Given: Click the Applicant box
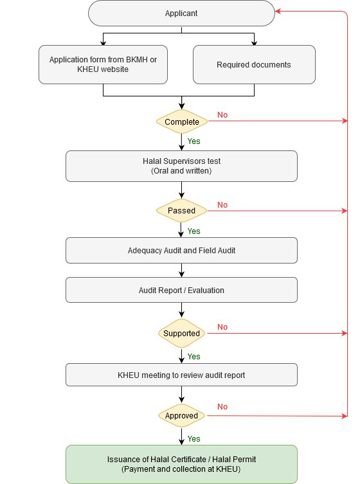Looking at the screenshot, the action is tap(181, 13).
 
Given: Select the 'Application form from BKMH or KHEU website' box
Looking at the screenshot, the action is tap(103, 64).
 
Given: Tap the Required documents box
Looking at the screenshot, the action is tap(254, 64).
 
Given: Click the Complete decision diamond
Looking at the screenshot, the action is tap(182, 121).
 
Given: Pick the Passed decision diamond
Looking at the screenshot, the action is tap(181, 211).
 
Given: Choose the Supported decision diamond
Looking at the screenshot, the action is tap(181, 334).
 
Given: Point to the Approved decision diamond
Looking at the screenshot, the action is tap(181, 415).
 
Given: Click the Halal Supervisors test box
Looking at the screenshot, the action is tap(181, 166).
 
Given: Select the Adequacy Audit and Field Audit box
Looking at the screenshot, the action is tap(181, 250).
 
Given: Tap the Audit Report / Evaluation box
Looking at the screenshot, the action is tap(181, 290).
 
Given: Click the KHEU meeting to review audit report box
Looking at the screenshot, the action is tap(181, 375).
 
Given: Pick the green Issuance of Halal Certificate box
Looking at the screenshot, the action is tap(181, 464).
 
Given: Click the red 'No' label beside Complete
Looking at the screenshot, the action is tap(222, 115).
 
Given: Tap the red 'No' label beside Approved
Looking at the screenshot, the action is tap(222, 406).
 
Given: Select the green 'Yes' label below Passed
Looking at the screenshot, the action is tap(194, 231).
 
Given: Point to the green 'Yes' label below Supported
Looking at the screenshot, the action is tap(194, 357).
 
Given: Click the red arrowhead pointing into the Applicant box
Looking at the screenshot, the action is tap(278, 12).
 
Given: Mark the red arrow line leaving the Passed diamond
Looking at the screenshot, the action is tap(277, 211).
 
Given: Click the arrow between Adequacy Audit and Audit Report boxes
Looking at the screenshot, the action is tap(181, 270).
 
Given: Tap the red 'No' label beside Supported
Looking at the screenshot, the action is tap(222, 327).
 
